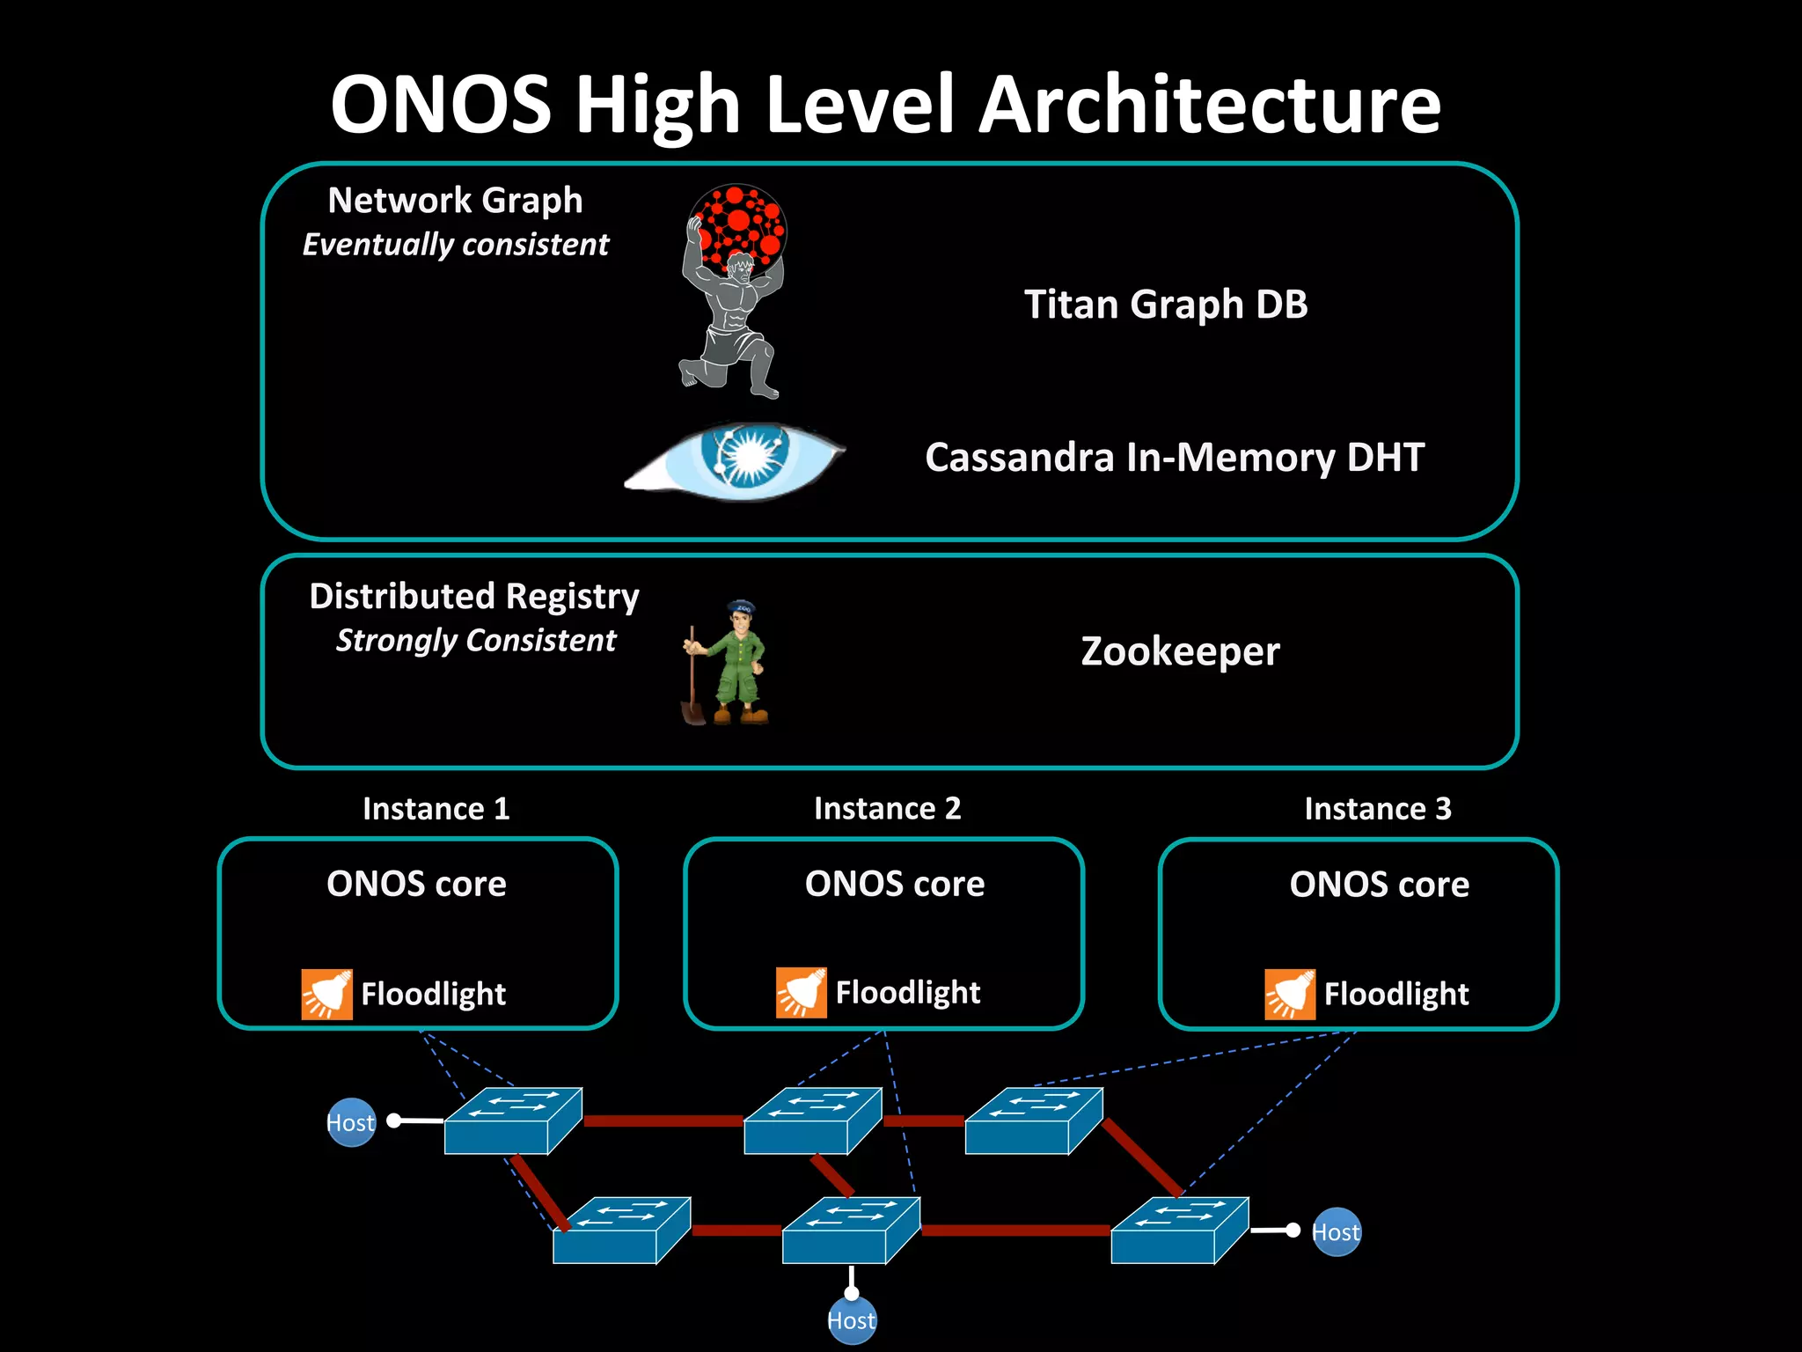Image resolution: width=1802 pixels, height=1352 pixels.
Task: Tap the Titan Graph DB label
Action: pyautogui.click(x=1166, y=305)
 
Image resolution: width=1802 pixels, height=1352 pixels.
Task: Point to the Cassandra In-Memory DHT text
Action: pyautogui.click(x=1175, y=458)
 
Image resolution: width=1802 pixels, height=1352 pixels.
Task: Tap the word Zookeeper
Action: pyautogui.click(x=1180, y=652)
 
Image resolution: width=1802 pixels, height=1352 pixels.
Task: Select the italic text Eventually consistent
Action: pyautogui.click(x=455, y=245)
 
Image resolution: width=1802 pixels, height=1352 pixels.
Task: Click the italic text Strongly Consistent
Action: pyautogui.click(x=476, y=641)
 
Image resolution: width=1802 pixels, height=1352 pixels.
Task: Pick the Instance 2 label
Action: pyautogui.click(x=887, y=808)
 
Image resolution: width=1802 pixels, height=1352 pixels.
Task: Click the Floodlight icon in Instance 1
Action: pyautogui.click(x=326, y=995)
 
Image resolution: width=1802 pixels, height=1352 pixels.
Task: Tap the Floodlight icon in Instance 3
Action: pyautogui.click(x=1290, y=995)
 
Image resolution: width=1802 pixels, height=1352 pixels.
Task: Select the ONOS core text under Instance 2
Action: pyautogui.click(x=895, y=884)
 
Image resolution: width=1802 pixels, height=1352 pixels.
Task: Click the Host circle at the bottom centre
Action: pyautogui.click(x=852, y=1320)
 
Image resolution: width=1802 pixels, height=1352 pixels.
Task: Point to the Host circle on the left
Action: pyautogui.click(x=351, y=1122)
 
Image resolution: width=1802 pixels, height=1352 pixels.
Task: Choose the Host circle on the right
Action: pyautogui.click(x=1336, y=1232)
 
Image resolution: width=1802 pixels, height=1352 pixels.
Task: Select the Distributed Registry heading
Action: pyautogui.click(x=474, y=597)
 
